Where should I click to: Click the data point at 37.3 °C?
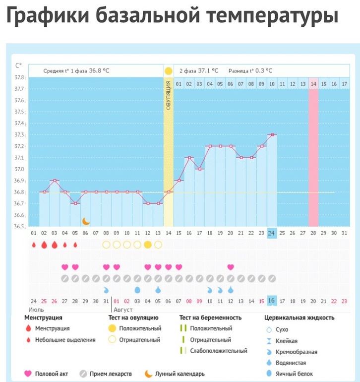point(272,135)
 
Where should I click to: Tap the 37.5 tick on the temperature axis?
point(19,112)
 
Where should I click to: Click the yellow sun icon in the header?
point(168,71)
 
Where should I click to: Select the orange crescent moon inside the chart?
point(86,221)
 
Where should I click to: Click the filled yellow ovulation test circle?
point(148,245)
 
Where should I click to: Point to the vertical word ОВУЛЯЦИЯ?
point(168,95)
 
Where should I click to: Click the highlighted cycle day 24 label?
point(271,233)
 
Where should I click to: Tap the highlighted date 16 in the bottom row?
point(271,301)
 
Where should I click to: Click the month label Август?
point(123,310)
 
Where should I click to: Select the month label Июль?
point(36,310)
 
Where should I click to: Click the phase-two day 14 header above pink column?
point(313,84)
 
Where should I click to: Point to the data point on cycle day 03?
point(55,181)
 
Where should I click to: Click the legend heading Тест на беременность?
point(210,318)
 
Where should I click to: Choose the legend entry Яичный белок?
point(294,374)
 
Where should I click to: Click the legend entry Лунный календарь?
point(180,374)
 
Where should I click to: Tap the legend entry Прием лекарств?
point(111,374)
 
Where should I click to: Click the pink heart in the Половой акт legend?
point(28,374)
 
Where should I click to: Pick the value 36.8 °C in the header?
point(99,71)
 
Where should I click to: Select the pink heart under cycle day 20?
point(231,267)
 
